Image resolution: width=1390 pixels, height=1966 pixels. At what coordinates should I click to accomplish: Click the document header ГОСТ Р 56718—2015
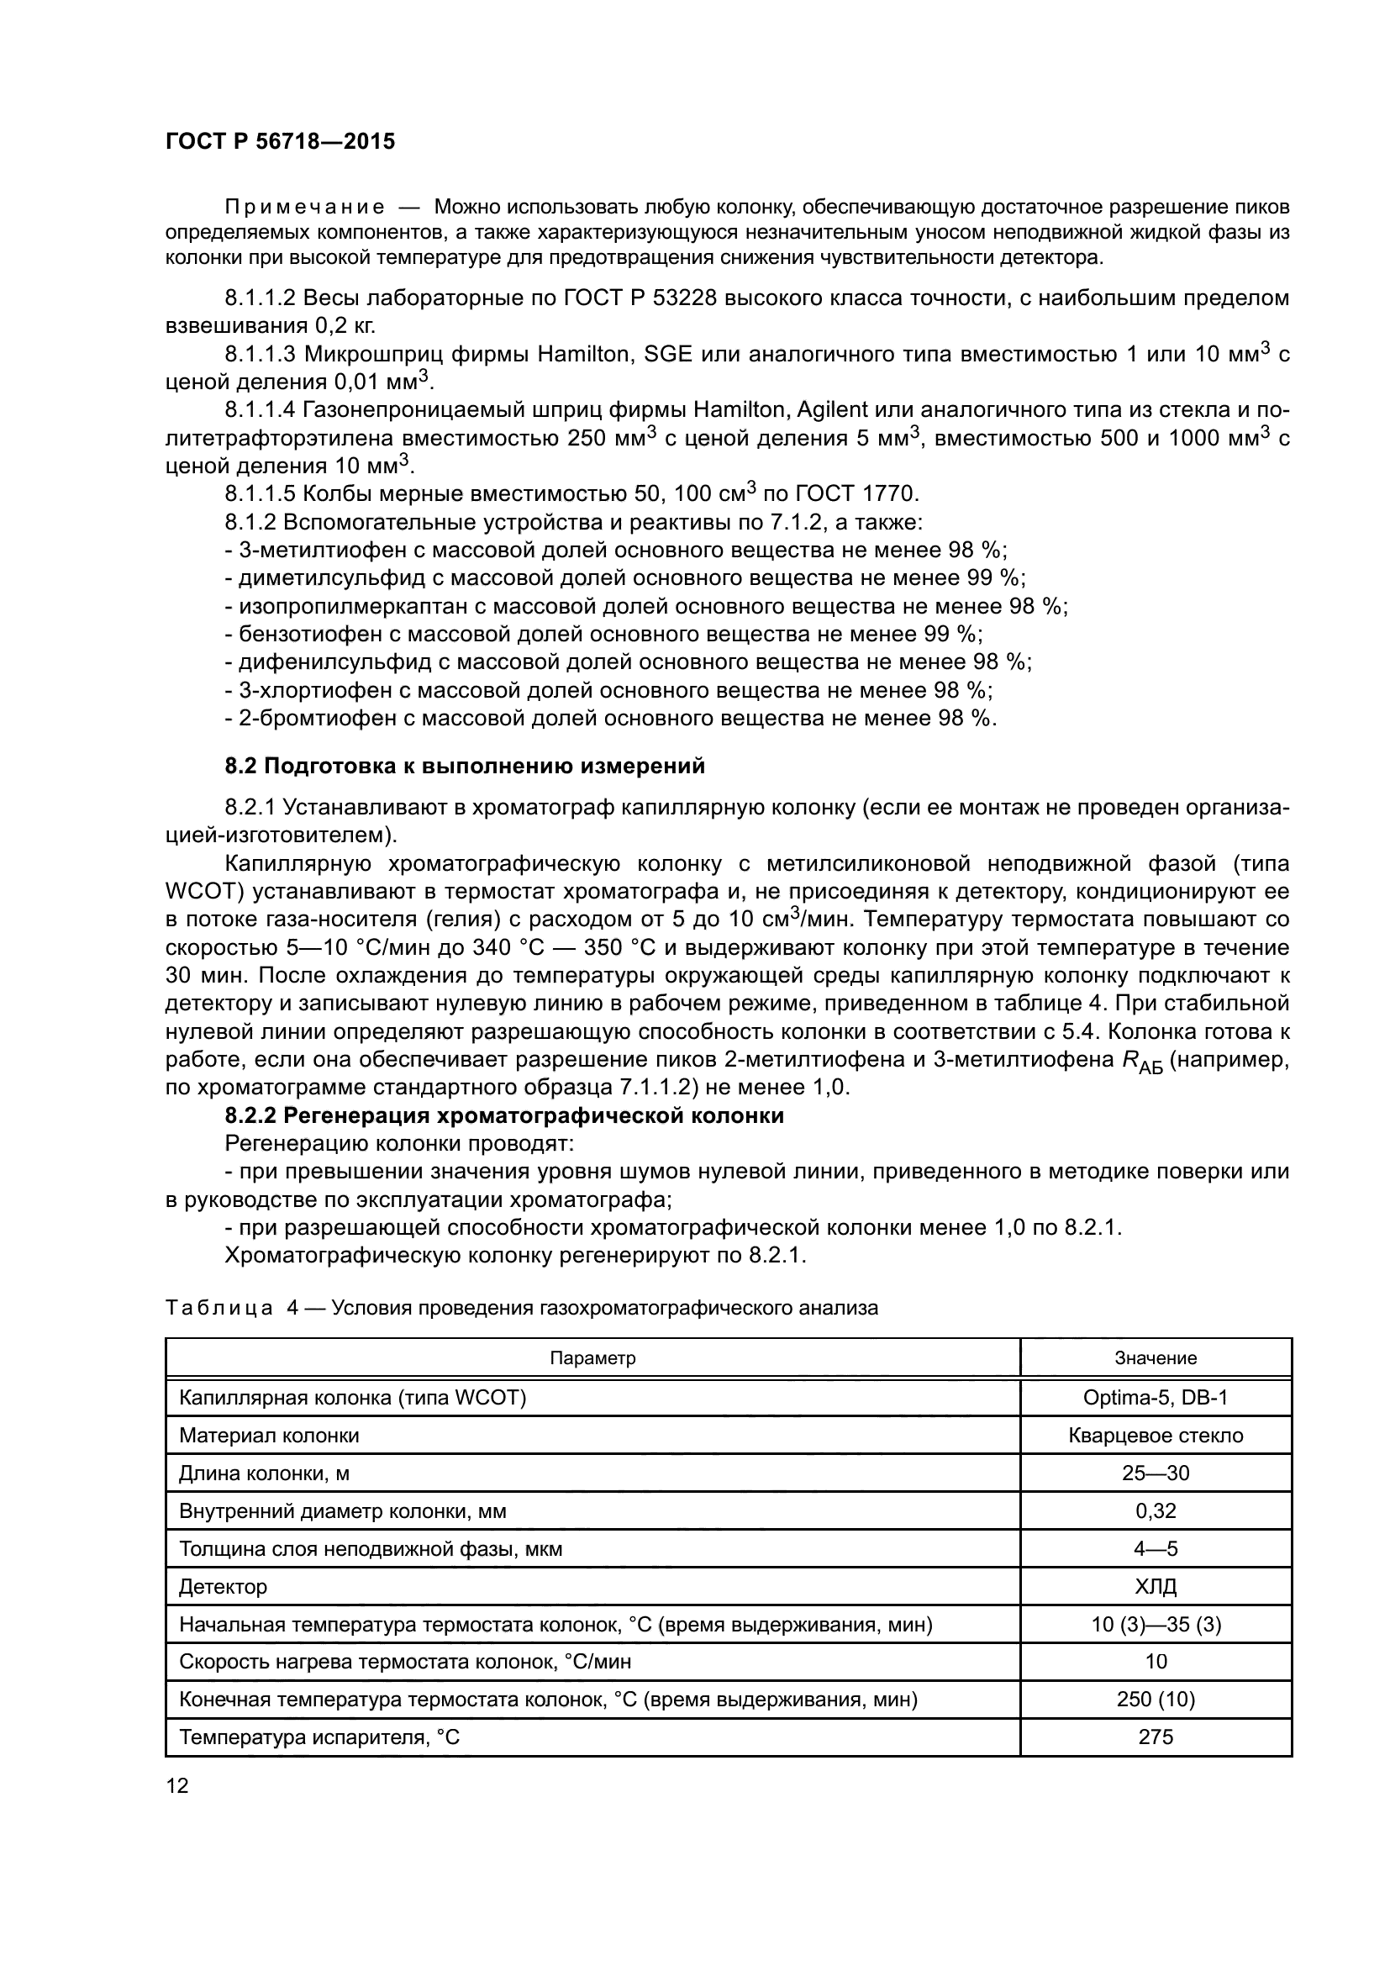(x=280, y=141)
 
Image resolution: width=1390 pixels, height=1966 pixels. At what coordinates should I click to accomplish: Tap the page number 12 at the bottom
(x=177, y=1785)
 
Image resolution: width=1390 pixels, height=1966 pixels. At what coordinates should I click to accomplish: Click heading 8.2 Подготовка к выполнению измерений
(x=465, y=766)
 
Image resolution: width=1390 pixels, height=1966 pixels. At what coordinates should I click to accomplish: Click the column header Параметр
(x=592, y=1358)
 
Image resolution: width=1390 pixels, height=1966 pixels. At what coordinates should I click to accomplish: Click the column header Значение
(x=1156, y=1358)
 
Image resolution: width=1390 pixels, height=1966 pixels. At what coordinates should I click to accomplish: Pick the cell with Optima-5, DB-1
(x=1156, y=1398)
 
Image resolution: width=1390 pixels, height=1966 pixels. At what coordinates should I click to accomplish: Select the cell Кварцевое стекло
(x=1156, y=1435)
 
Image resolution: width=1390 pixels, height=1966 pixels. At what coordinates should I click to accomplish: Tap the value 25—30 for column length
(x=1156, y=1473)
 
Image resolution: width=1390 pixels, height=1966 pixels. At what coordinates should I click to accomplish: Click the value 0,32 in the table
(x=1156, y=1510)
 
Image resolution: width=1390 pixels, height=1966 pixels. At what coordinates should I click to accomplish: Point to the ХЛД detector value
(x=1156, y=1586)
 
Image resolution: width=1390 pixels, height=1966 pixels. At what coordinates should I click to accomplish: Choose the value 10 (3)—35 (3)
(x=1156, y=1625)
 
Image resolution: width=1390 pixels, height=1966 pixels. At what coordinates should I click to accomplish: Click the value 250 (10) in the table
(x=1156, y=1699)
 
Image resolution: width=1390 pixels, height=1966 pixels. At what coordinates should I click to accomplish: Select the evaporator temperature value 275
(x=1156, y=1737)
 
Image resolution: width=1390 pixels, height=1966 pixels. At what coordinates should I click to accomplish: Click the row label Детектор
(x=223, y=1587)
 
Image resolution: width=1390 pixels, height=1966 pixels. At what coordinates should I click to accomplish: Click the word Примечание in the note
(x=304, y=208)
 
